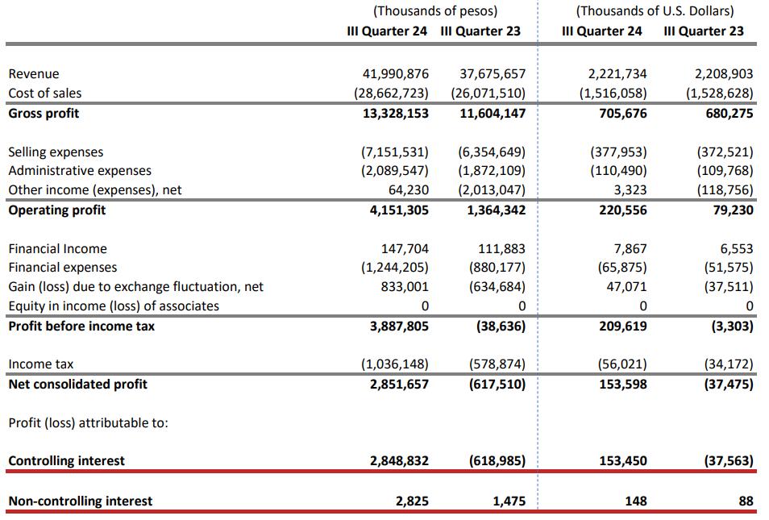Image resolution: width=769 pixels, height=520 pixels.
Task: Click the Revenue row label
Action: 34,74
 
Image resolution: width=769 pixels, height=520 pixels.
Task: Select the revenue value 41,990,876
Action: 391,74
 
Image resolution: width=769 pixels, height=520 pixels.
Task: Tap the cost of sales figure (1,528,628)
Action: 719,94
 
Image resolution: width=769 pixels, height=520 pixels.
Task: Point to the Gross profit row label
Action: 44,114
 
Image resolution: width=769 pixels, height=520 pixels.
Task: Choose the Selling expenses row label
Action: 56,152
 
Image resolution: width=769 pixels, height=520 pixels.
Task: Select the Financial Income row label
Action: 57,249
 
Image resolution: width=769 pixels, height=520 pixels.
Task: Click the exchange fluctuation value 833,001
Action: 405,287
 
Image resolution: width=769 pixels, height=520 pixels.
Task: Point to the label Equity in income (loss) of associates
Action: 114,306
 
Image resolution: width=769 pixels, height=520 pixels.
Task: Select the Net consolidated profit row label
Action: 77,385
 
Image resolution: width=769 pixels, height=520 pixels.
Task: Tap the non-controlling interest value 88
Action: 746,501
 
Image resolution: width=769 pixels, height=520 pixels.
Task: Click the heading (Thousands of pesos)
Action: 435,11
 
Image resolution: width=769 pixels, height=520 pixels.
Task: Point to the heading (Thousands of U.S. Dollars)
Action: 655,11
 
